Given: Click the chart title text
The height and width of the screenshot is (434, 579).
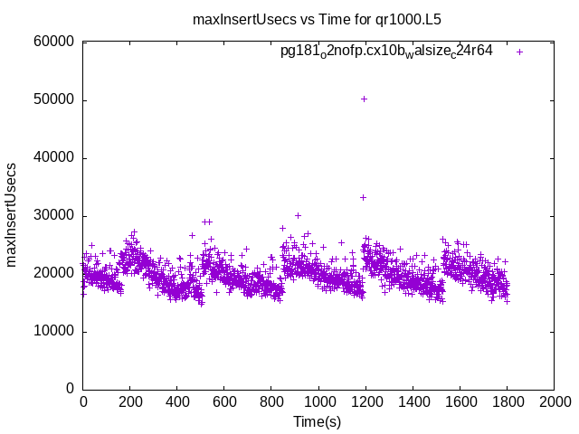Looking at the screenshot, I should pos(317,19).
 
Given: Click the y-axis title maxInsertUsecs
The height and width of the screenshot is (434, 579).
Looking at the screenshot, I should pos(12,215).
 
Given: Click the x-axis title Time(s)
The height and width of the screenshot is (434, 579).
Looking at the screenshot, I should pos(317,422).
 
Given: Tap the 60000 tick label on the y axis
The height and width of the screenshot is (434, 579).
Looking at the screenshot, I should pos(53,42).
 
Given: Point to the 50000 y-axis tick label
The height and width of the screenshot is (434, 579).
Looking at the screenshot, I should pos(53,99).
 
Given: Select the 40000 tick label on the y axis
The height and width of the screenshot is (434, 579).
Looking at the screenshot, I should pos(53,157).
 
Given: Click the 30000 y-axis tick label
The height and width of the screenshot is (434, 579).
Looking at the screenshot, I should pos(53,215).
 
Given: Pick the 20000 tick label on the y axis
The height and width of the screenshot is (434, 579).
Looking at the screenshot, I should pos(53,273).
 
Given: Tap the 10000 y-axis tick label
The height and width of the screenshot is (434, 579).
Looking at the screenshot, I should pos(53,331).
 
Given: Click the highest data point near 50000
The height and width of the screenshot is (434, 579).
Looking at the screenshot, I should pos(364,99).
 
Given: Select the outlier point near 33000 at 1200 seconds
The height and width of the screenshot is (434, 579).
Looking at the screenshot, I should pos(364,197).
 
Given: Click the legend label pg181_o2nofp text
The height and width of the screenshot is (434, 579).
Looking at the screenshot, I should pos(386,52).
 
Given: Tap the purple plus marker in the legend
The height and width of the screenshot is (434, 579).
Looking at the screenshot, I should pos(520,52).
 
